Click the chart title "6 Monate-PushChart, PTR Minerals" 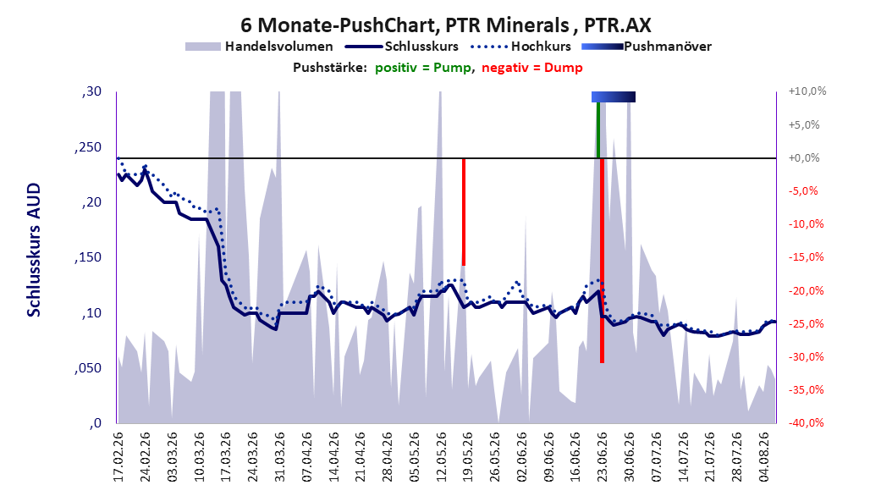point(405,25)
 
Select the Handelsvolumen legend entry point(260,47)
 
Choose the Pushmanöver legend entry point(647,47)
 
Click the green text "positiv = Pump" point(423,68)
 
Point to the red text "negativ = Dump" point(532,68)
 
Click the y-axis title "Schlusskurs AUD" point(34,250)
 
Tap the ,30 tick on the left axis point(91,91)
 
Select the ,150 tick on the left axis point(88,257)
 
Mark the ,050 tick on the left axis point(88,368)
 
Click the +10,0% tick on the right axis point(807,91)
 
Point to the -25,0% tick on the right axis point(806,323)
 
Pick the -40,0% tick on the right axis point(806,422)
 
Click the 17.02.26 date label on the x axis point(118,457)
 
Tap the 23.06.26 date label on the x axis point(602,457)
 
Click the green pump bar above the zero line point(597,130)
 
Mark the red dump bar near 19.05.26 point(464,212)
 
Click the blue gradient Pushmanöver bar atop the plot point(614,96)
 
